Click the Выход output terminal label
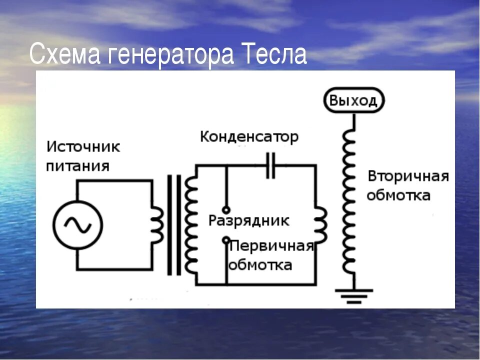[x=353, y=100]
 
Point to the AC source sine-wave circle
[x=78, y=225]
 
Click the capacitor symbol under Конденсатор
[x=270, y=165]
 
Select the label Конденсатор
[x=249, y=136]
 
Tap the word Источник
[x=83, y=147]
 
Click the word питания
[x=78, y=165]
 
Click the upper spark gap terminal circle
[x=226, y=210]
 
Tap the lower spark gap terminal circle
[x=226, y=240]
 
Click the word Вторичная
[x=408, y=176]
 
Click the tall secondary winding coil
[x=349, y=200]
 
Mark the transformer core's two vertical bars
[x=174, y=225]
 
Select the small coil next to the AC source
[x=157, y=225]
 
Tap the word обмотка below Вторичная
[x=398, y=195]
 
